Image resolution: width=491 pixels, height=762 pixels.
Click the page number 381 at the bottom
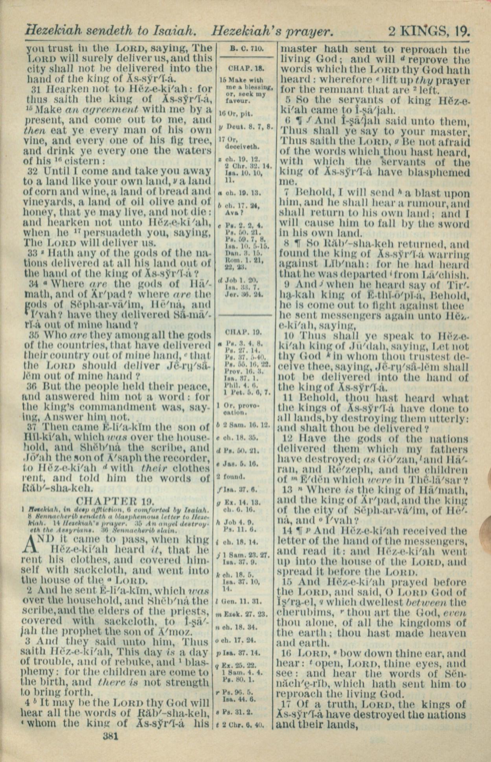pos(110,736)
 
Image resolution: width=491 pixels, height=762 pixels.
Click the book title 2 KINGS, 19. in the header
pos(429,31)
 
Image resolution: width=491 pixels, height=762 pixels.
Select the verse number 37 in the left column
pos(35,427)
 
